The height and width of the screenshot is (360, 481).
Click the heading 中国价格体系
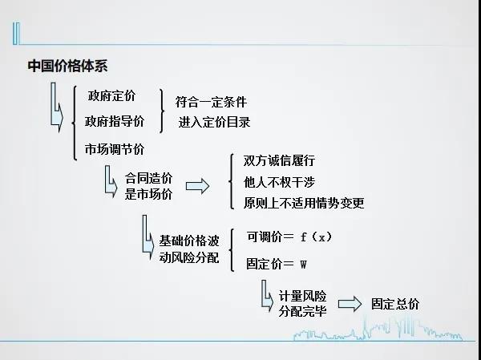[x=67, y=66]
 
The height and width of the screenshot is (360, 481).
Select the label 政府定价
[x=111, y=95]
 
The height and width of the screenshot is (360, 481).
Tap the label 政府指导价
[x=115, y=121]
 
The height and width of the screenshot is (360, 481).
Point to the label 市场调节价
[x=115, y=149]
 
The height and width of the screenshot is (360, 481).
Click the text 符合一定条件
[x=211, y=102]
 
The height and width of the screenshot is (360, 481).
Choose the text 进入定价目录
[x=214, y=122]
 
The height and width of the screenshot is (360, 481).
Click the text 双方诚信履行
[x=279, y=160]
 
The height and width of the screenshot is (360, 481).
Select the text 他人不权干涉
[x=279, y=182]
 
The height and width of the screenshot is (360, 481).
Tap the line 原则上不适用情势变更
[x=304, y=203]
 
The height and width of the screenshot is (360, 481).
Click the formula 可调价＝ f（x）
[x=289, y=237]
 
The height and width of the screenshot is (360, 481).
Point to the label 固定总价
[x=395, y=304]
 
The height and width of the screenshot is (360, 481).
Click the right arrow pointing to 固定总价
[x=350, y=304]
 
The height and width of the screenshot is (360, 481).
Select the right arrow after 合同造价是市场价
[x=197, y=186]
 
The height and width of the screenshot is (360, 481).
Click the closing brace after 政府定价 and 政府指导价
[x=162, y=111]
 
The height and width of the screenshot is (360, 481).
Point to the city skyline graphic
[x=378, y=329]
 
